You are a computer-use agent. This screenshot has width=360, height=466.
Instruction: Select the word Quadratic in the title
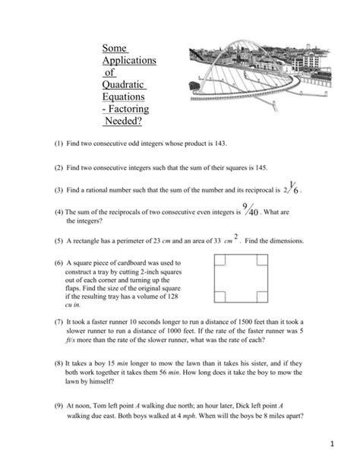click(124, 84)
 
